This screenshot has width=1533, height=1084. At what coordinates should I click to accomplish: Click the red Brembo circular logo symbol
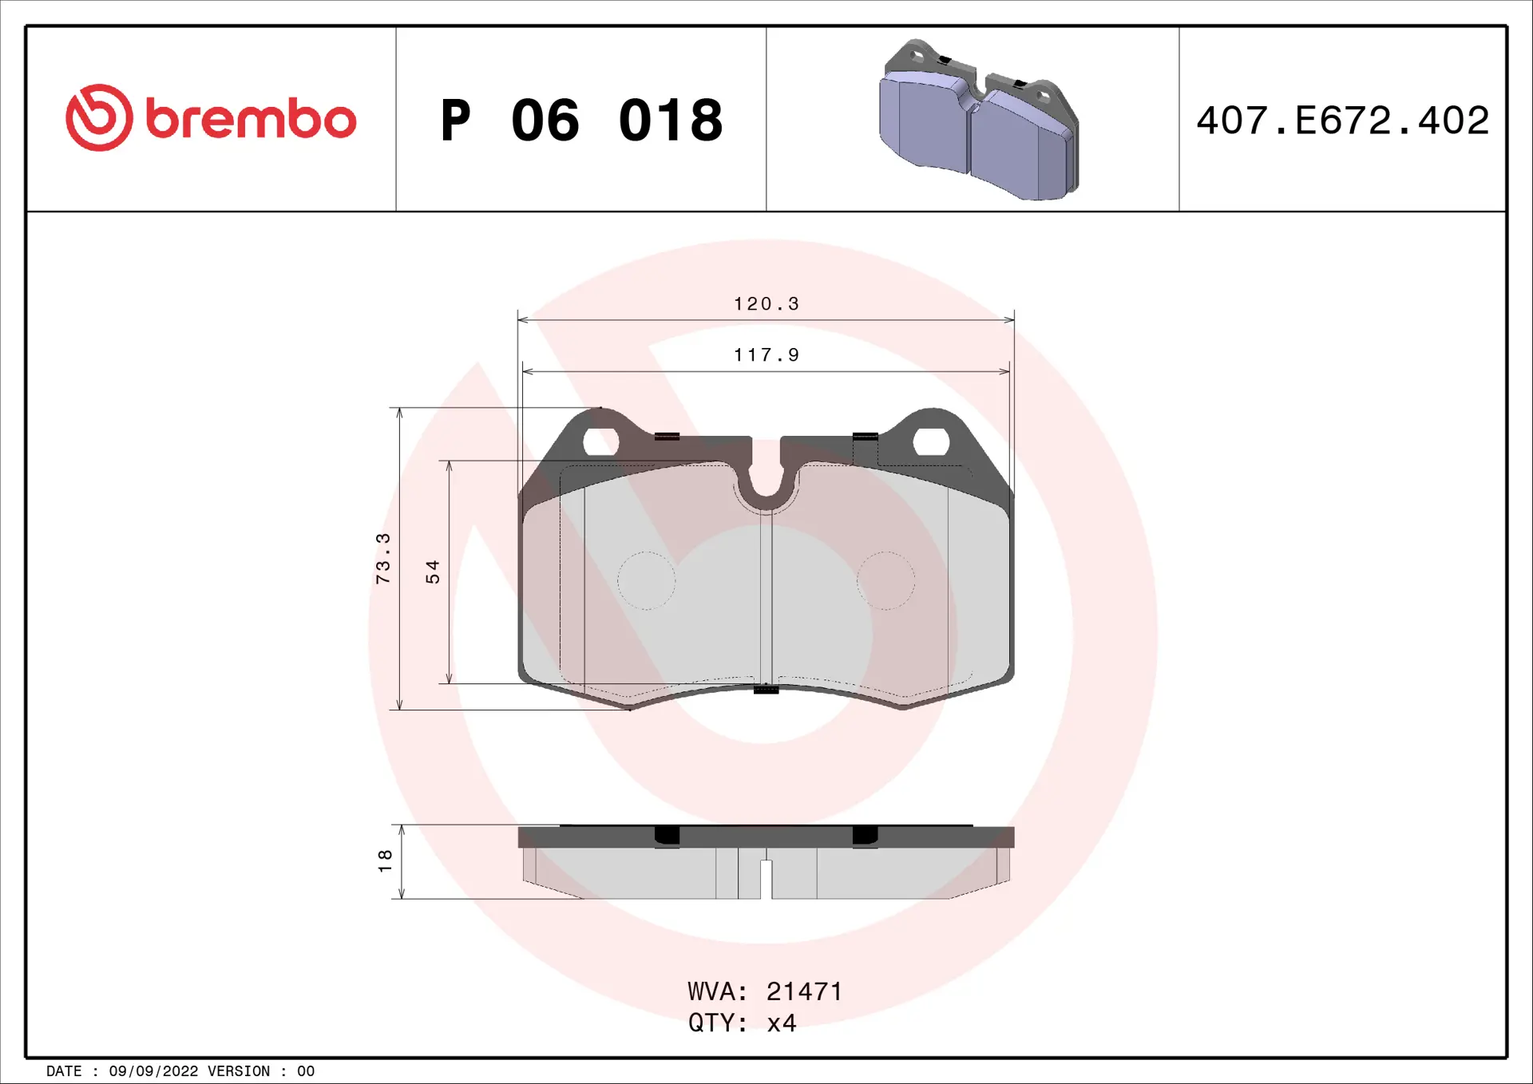99,118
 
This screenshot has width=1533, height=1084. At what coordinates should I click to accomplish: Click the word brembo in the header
251,120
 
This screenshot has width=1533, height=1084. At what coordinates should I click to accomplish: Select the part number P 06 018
581,121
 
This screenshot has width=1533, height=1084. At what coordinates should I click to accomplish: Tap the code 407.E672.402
1342,121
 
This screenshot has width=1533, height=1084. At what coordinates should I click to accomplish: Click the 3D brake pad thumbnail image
979,120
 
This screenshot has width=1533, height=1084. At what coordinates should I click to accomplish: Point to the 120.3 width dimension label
766,304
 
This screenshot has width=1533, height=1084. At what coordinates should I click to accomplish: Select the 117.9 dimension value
766,355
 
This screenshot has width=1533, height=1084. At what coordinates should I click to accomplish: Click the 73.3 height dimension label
383,558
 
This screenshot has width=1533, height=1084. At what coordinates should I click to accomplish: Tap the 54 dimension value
433,572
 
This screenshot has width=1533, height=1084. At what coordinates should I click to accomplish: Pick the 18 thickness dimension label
385,860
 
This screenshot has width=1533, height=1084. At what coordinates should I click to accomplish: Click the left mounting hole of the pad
601,441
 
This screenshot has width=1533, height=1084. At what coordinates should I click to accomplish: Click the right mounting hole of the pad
930,441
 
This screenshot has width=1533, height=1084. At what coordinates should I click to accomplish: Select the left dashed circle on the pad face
646,580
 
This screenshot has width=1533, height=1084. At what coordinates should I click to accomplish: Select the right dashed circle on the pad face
885,580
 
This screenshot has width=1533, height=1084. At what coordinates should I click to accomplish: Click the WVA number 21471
804,991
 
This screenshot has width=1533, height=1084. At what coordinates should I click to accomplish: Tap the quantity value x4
782,1023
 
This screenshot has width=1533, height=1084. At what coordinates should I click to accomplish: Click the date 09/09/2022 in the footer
153,1071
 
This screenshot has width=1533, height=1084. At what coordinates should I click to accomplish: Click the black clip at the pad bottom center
766,689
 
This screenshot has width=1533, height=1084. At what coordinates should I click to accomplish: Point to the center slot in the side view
766,878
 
